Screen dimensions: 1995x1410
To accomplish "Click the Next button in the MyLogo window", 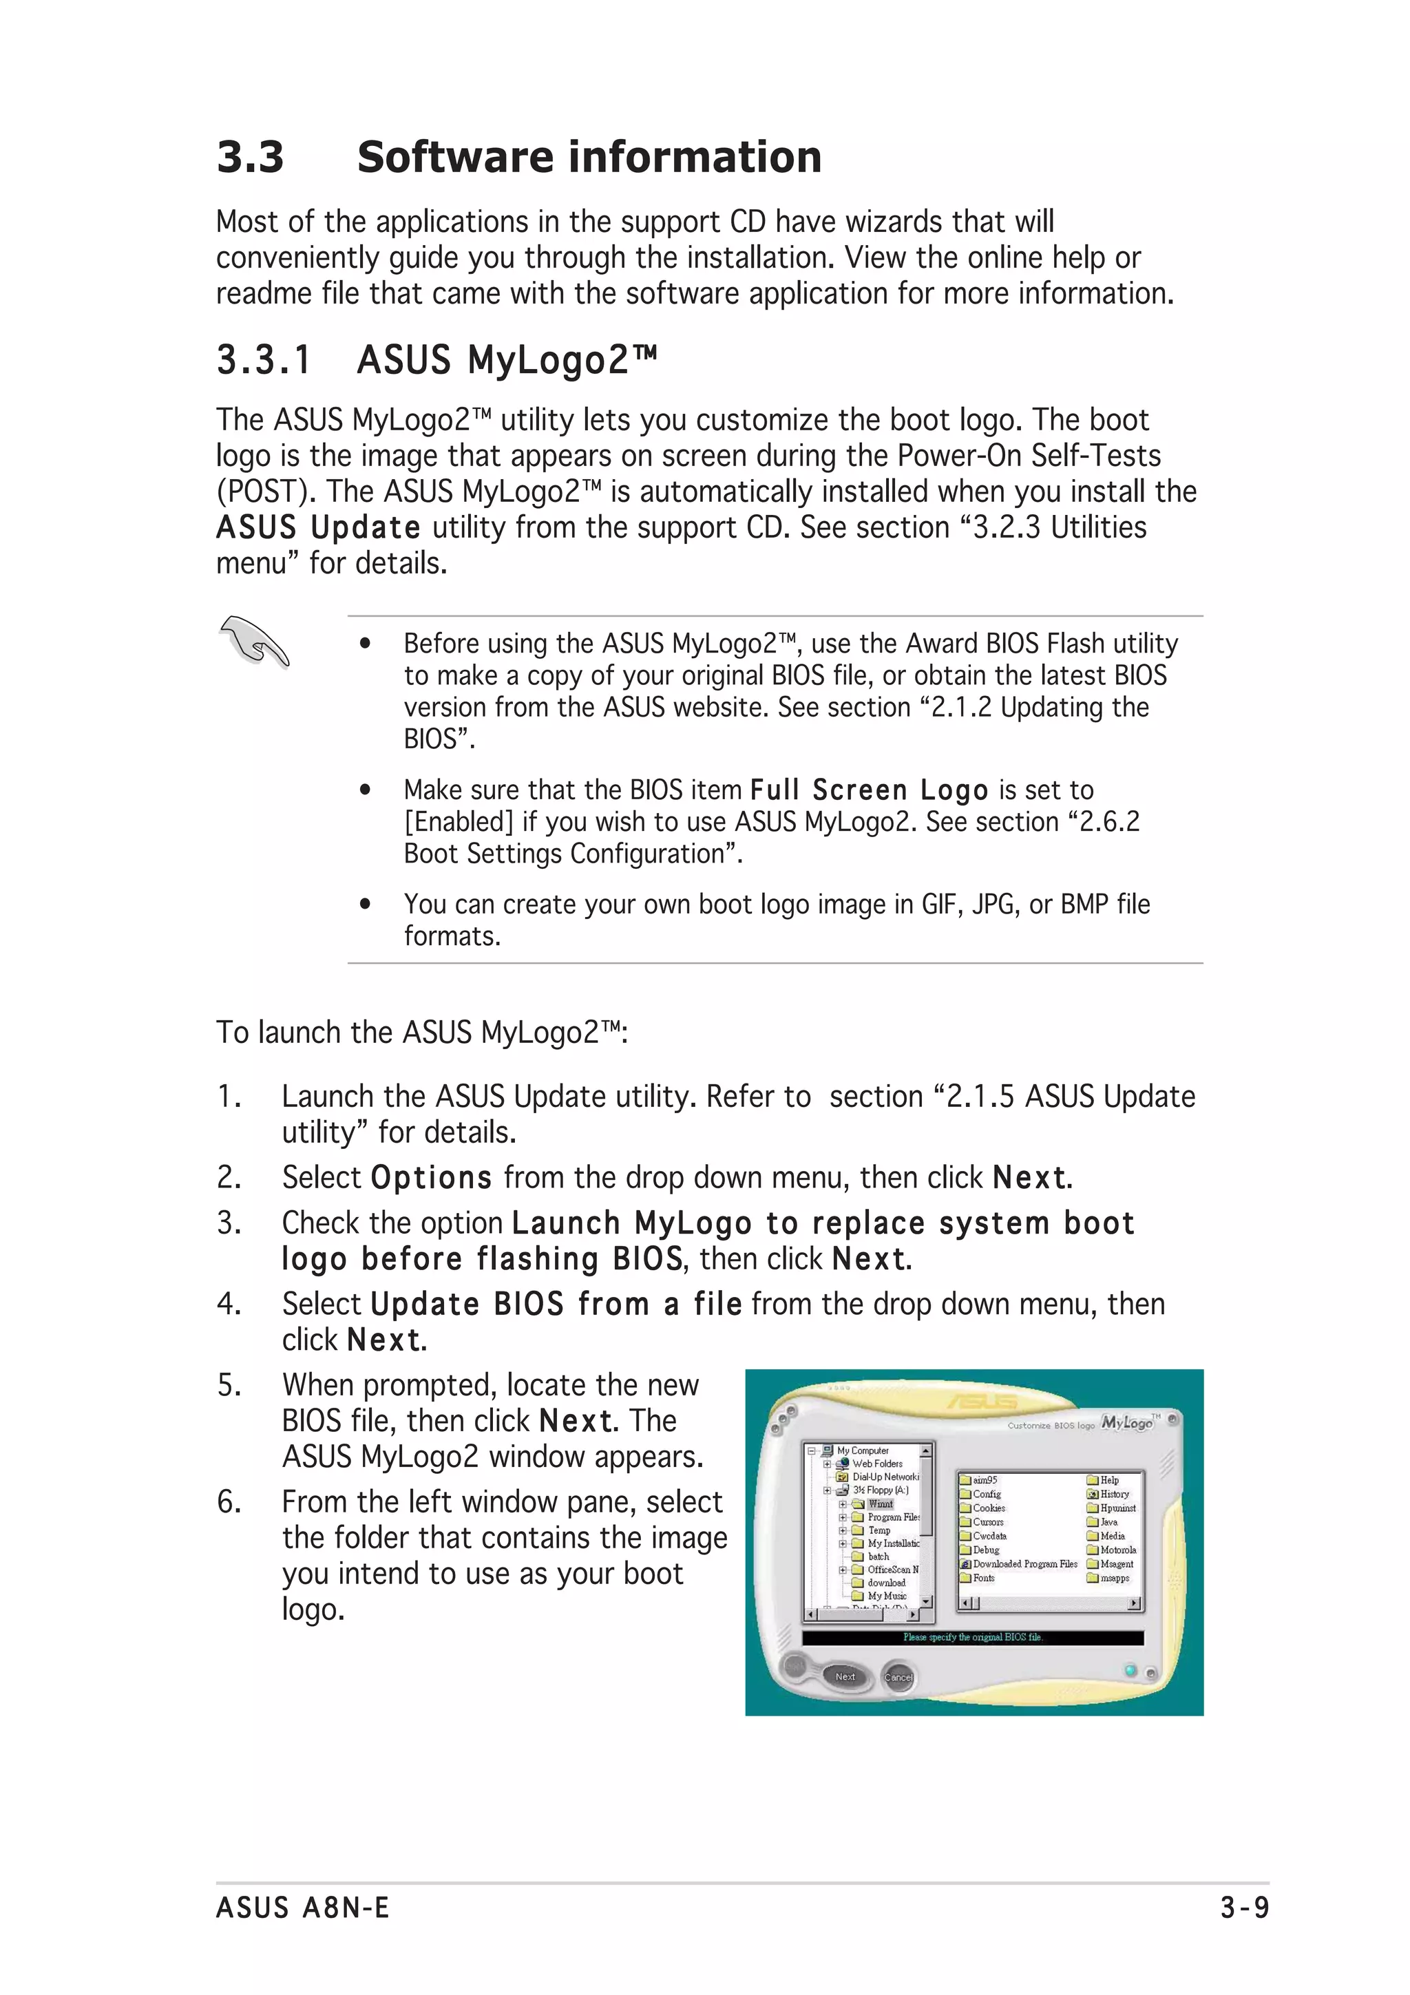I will click(x=845, y=1677).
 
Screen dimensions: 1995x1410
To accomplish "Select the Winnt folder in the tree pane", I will click(x=879, y=1504).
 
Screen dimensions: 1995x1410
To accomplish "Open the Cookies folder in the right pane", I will click(x=988, y=1508).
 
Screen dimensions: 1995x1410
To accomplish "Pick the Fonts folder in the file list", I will click(x=982, y=1578).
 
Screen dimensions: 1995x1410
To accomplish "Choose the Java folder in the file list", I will click(x=1108, y=1522).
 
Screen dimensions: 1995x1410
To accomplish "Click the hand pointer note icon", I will click(x=253, y=642).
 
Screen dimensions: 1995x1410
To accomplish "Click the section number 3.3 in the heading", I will click(x=250, y=157).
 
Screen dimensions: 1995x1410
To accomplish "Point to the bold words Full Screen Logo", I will click(x=869, y=790).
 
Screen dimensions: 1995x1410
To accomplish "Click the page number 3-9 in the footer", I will click(x=1244, y=1908).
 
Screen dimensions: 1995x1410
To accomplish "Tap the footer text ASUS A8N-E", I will click(x=302, y=1908).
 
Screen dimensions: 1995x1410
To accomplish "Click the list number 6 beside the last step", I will click(x=228, y=1501).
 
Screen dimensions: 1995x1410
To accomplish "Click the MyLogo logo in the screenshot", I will click(x=1127, y=1423).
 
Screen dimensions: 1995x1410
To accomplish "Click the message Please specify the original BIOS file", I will click(x=972, y=1637).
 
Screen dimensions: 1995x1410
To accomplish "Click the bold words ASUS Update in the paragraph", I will click(x=318, y=527).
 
